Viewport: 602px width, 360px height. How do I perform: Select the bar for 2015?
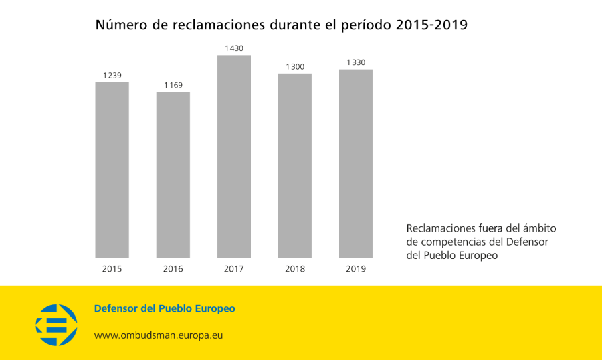[x=112, y=170]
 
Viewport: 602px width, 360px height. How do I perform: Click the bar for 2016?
[x=173, y=175]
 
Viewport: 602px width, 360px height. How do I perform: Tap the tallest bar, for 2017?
[x=234, y=157]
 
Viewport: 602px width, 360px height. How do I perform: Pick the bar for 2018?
[x=295, y=165]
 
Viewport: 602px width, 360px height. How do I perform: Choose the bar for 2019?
[x=356, y=163]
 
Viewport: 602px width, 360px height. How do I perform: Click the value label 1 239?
[x=112, y=76]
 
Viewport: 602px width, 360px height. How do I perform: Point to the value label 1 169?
[x=173, y=85]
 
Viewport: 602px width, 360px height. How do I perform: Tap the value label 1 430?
[x=234, y=48]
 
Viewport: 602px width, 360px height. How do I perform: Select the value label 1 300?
[x=295, y=66]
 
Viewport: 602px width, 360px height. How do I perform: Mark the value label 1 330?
[x=356, y=62]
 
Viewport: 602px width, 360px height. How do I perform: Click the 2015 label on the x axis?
[x=112, y=269]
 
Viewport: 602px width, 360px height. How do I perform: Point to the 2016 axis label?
[x=173, y=269]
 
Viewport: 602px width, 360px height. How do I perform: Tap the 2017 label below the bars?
[x=234, y=269]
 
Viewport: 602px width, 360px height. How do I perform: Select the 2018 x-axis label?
[x=295, y=269]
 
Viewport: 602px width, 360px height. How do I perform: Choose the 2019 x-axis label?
[x=356, y=269]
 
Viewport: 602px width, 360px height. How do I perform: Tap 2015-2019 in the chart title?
[x=431, y=25]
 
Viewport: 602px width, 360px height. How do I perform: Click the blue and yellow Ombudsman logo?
[x=56, y=325]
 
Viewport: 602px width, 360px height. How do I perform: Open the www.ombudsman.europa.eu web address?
[x=158, y=335]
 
